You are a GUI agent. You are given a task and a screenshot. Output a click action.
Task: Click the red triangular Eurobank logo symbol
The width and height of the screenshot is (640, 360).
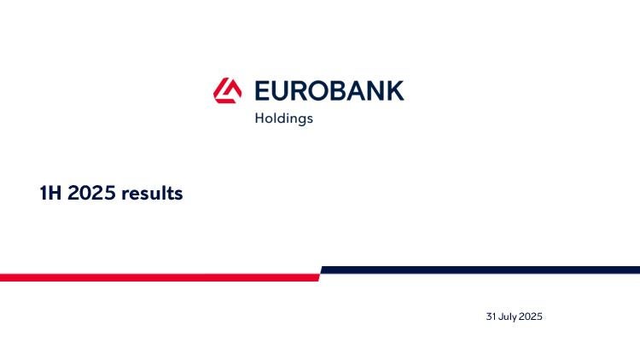click(227, 90)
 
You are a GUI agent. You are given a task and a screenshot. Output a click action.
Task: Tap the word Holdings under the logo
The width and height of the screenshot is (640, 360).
click(283, 119)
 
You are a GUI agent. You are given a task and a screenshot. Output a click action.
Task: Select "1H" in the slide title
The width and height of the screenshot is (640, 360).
click(50, 193)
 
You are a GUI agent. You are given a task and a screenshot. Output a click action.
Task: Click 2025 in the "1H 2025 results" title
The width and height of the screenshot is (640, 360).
click(91, 193)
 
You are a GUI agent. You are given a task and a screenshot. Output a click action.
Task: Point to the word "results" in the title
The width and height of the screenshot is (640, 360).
click(152, 193)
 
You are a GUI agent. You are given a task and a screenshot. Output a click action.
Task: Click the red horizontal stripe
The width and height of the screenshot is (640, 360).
click(160, 277)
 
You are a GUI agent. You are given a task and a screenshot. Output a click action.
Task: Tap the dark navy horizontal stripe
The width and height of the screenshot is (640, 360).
click(480, 270)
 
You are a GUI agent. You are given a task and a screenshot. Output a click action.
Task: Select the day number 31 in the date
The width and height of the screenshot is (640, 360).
click(491, 316)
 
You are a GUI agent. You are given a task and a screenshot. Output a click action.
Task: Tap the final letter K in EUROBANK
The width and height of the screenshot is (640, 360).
click(396, 90)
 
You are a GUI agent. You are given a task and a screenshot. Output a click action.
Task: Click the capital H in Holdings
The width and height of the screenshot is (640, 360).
click(259, 118)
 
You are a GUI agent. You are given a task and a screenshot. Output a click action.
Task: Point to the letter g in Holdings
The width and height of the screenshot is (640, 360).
click(300, 120)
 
